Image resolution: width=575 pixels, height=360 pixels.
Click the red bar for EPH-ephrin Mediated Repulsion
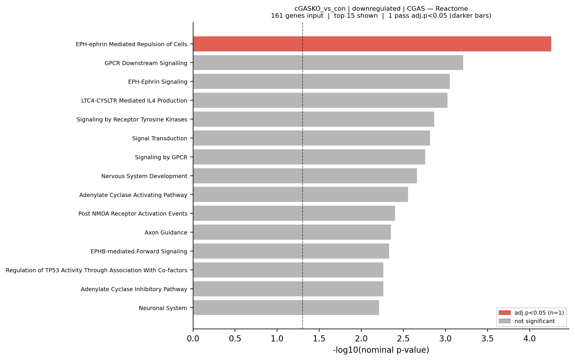point(372,44)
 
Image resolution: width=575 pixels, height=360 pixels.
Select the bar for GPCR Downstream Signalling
point(328,63)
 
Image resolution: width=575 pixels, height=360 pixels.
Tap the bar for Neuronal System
point(286,308)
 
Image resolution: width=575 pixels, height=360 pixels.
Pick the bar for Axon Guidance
point(292,232)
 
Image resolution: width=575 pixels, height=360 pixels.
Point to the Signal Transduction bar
point(311,138)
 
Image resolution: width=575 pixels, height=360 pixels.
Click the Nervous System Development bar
point(305,176)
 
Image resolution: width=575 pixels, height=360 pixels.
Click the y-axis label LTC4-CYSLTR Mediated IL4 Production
point(134,101)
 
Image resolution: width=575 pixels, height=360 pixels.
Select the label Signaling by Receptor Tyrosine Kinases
point(132,119)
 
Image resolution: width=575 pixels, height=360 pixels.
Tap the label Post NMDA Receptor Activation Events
point(133,214)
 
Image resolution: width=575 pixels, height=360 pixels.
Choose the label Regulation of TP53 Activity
point(96,270)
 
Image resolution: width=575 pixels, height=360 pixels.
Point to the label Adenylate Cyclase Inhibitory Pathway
point(134,289)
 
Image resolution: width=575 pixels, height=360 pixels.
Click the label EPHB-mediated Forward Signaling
point(139,251)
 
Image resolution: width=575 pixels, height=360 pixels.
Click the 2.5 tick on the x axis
point(403,338)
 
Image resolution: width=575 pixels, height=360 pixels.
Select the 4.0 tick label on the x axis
point(529,338)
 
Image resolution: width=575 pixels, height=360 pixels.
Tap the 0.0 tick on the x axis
point(193,338)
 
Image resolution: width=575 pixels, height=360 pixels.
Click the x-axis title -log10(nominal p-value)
point(381,350)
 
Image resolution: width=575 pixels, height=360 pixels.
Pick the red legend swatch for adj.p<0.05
point(504,313)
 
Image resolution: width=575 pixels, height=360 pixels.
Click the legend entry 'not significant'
point(534,321)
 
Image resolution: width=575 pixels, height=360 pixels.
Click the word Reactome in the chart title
point(452,9)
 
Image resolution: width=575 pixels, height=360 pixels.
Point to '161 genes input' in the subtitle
point(297,16)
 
